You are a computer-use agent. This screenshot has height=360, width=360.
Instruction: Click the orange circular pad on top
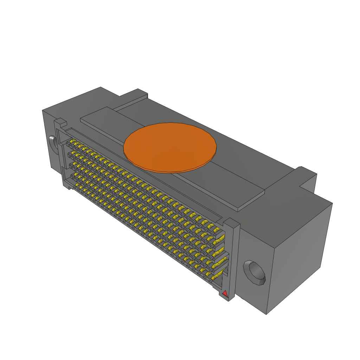click(170, 147)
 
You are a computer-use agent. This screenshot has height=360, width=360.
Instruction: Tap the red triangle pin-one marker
click(225, 293)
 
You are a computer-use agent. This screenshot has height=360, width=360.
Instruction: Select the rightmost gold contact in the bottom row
click(214, 277)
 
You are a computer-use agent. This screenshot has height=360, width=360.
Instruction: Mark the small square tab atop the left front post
click(60, 122)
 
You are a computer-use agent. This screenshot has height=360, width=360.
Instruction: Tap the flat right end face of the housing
click(299, 253)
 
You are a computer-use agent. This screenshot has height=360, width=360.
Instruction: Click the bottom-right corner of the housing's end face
click(266, 314)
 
